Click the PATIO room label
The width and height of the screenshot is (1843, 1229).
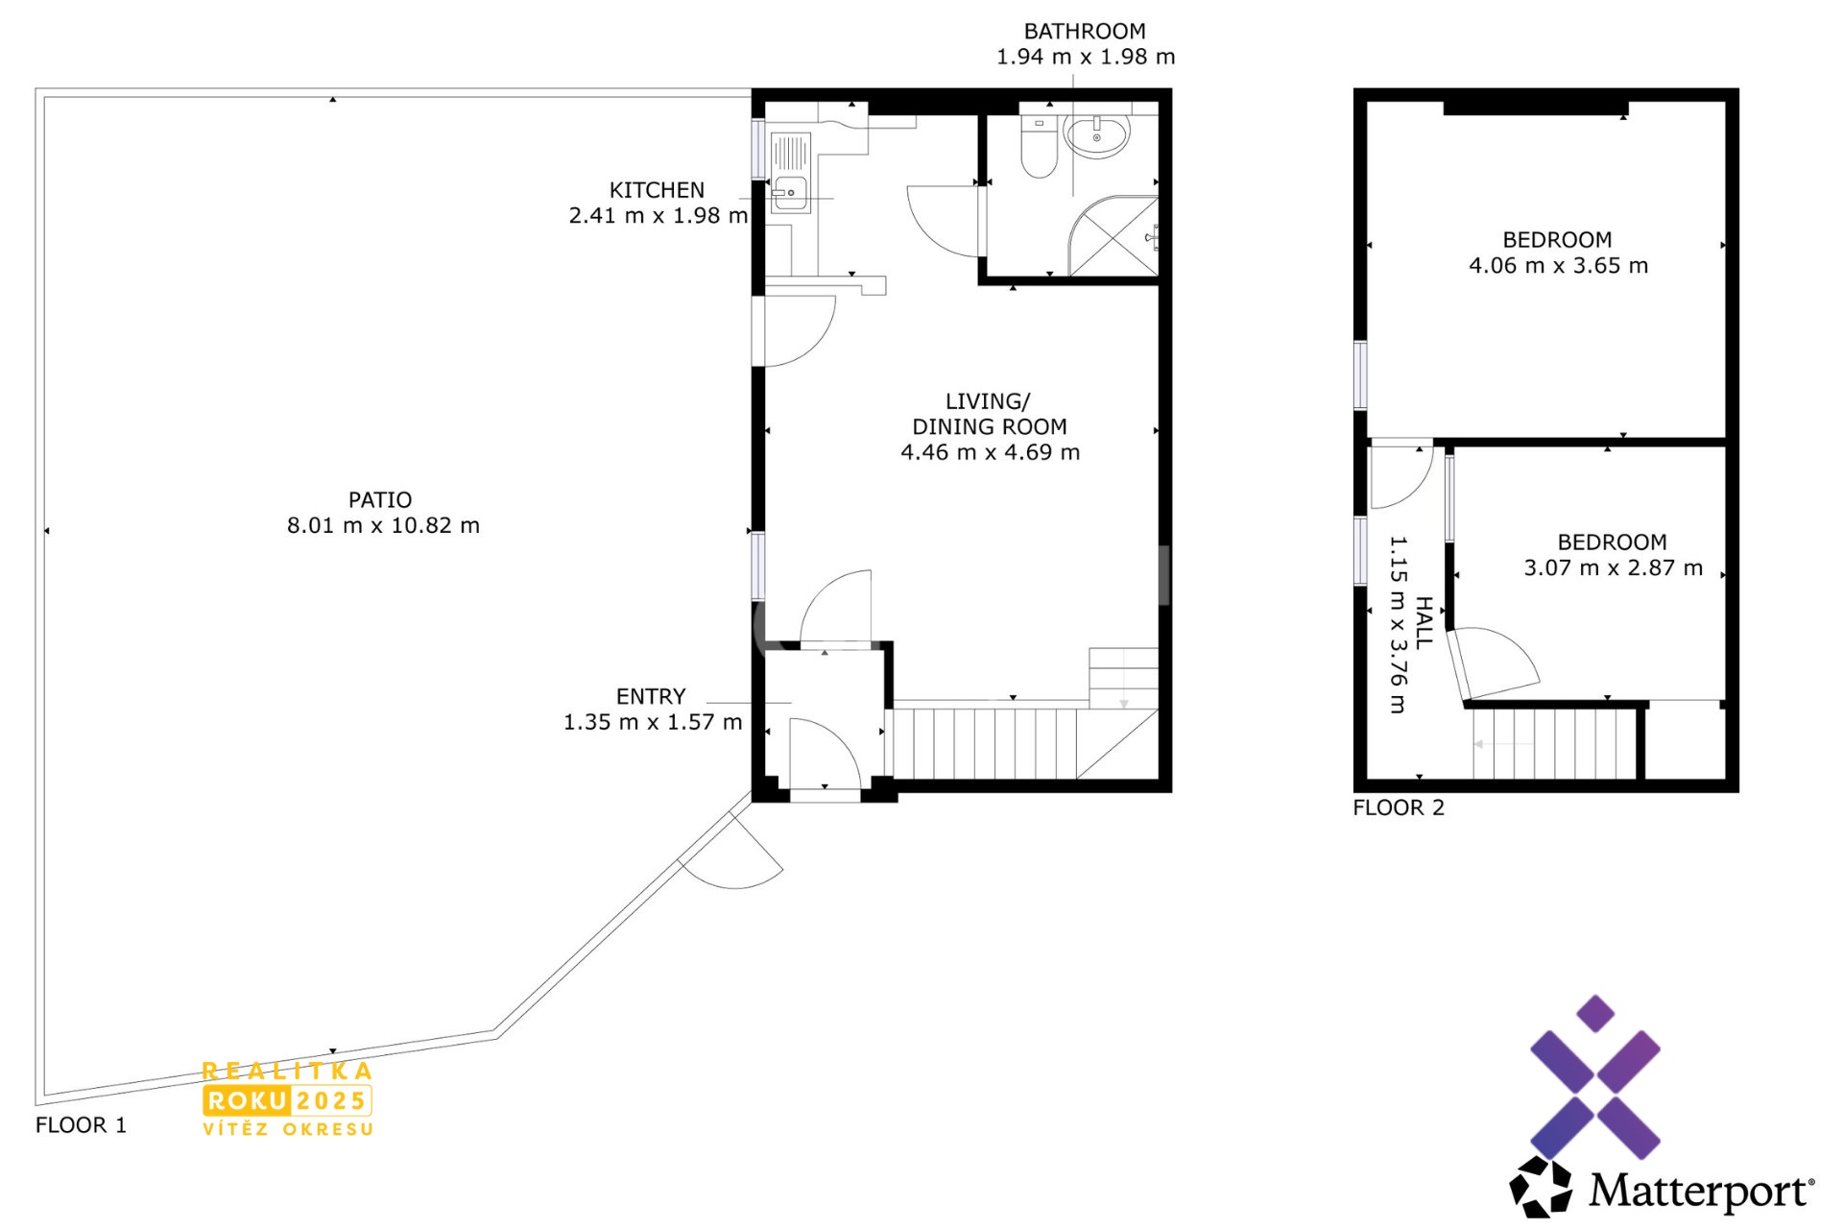click(380, 499)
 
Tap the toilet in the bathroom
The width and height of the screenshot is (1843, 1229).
click(1039, 146)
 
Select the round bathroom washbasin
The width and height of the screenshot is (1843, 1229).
click(1097, 135)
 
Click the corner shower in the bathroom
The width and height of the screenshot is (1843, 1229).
click(1113, 236)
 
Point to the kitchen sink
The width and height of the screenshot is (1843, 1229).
click(790, 193)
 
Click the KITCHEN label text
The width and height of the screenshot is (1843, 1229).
click(657, 190)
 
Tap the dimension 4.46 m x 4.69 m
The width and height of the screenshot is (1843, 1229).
click(990, 452)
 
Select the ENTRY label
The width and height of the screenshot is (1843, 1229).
click(651, 696)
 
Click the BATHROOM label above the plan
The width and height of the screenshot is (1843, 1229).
click(1085, 31)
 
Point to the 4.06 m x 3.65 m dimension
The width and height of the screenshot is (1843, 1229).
click(1558, 265)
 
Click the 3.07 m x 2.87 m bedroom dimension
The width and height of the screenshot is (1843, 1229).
click(1613, 567)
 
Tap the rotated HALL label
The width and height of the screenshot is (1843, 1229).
click(1424, 623)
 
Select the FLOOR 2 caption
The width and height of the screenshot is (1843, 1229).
click(1398, 807)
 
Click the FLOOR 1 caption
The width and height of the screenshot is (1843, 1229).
click(81, 1124)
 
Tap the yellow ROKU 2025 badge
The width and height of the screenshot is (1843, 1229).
click(287, 1100)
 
